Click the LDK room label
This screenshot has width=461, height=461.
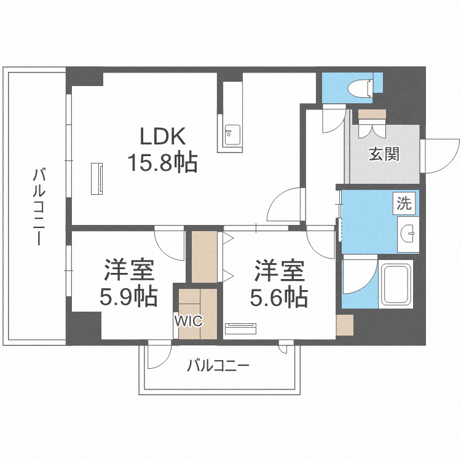pyautogui.click(x=163, y=136)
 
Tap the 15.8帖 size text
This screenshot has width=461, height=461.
pyautogui.click(x=163, y=162)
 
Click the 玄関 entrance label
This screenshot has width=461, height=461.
pyautogui.click(x=384, y=154)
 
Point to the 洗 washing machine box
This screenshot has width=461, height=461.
pyautogui.click(x=404, y=203)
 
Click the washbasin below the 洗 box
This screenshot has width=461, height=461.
pyautogui.click(x=408, y=234)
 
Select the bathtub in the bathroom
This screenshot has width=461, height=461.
pyautogui.click(x=396, y=284)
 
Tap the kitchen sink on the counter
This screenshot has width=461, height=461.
pyautogui.click(x=232, y=135)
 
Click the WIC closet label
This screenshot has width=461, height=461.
pyautogui.click(x=188, y=321)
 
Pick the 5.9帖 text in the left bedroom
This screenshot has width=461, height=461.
pyautogui.click(x=129, y=297)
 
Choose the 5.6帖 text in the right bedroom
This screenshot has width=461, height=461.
pyautogui.click(x=279, y=297)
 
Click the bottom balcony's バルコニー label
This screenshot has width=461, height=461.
pyautogui.click(x=218, y=366)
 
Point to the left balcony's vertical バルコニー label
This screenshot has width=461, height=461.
pyautogui.click(x=39, y=207)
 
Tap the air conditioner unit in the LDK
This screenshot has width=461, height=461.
pyautogui.click(x=97, y=178)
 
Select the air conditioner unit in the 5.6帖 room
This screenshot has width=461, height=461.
pyautogui.click(x=240, y=328)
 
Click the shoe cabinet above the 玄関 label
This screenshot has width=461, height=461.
pyautogui.click(x=372, y=114)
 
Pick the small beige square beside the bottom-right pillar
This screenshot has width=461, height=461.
pyautogui.click(x=345, y=325)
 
